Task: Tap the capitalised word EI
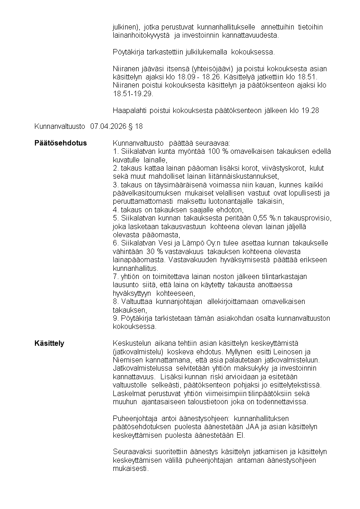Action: point(240,435)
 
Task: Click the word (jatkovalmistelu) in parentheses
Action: point(137,352)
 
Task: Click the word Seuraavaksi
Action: point(133,452)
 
